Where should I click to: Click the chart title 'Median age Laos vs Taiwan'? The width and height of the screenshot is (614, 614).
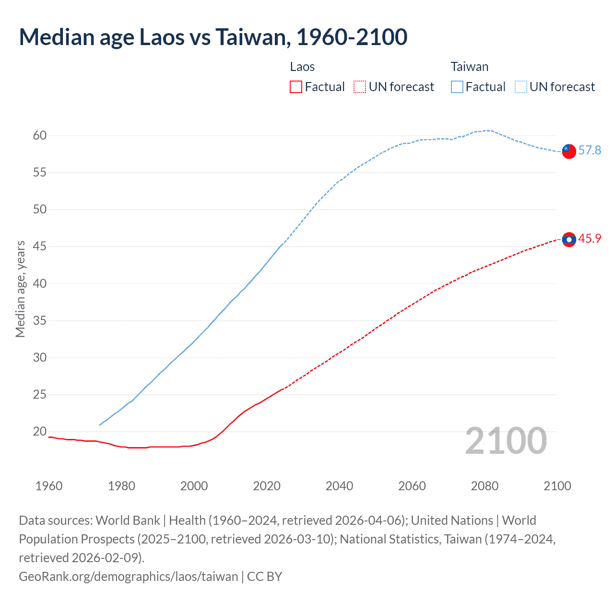[x=213, y=37]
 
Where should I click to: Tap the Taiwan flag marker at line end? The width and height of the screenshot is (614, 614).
[x=568, y=151]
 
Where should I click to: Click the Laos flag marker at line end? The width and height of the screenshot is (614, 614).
[x=568, y=239]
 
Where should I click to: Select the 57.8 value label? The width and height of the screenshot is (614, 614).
[x=590, y=151]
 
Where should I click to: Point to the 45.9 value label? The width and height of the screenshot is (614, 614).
[x=590, y=239]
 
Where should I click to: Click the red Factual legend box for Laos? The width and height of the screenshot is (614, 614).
[x=296, y=87]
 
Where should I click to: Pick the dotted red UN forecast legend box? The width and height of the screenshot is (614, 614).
[x=360, y=87]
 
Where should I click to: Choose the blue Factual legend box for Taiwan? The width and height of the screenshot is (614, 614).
[x=457, y=87]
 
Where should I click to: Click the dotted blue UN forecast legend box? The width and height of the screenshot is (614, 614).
[x=521, y=87]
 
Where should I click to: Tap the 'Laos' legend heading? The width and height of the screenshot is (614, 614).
[x=302, y=67]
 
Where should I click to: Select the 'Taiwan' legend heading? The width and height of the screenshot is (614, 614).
[x=469, y=67]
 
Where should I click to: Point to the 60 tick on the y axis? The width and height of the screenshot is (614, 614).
[x=40, y=136]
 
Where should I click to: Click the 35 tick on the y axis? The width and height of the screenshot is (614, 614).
[x=40, y=320]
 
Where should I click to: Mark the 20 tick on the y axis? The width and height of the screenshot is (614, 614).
[x=40, y=432]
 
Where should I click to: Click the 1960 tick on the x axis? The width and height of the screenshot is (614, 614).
[x=49, y=486]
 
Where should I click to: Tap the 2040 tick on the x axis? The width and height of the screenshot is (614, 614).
[x=339, y=486]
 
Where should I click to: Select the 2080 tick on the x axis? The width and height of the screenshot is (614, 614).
[x=484, y=486]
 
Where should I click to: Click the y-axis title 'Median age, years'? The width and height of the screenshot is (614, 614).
[x=20, y=289]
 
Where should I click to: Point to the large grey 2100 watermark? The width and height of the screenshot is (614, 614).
[x=506, y=441]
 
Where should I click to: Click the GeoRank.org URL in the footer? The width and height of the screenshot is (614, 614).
[x=128, y=576]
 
